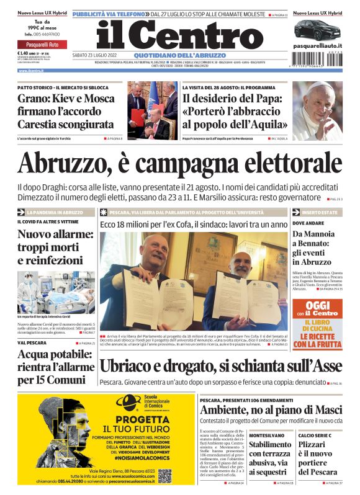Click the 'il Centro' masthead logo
tap(180, 35)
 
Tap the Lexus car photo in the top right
tap(317, 29)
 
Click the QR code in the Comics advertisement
tap(164, 476)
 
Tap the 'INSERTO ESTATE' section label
tap(319, 212)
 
